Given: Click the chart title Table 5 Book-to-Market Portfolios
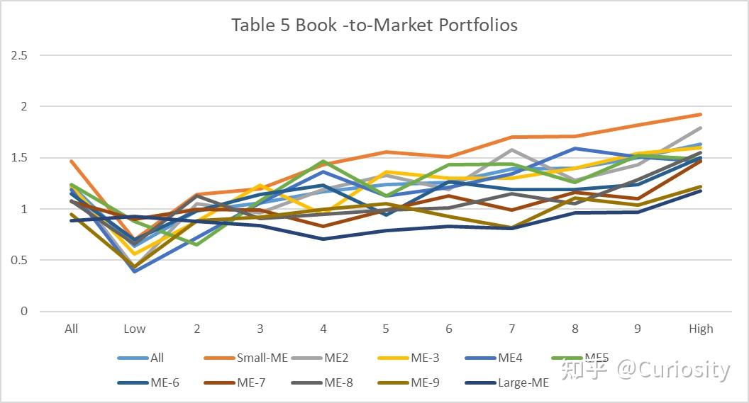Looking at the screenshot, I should (x=374, y=25).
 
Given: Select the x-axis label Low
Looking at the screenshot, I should (x=134, y=329).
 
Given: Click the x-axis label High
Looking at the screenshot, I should (x=701, y=329).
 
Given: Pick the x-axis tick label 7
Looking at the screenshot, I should (x=512, y=329).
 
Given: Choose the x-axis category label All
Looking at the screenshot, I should (x=71, y=329).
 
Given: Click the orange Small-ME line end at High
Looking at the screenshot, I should (x=701, y=114).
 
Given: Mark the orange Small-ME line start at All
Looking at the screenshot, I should (x=72, y=161).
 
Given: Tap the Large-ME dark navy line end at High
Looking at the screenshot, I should (x=701, y=191).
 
